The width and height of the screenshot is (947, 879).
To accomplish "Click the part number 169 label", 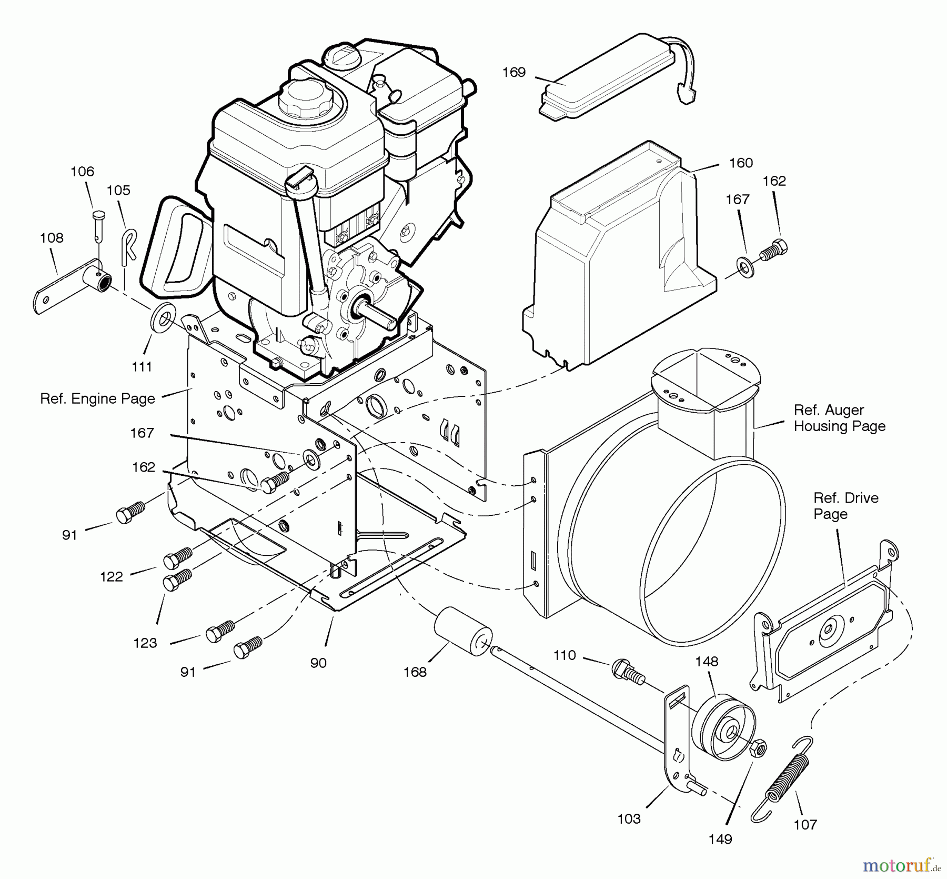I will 513,72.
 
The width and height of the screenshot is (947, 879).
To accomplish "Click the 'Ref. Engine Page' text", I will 97,398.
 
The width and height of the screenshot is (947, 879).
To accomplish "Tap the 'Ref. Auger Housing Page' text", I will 839,418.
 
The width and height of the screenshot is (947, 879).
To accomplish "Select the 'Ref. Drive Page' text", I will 845,506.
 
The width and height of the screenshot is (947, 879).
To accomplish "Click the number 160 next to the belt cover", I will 741,163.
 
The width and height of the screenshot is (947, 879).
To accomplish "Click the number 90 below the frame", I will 318,663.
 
